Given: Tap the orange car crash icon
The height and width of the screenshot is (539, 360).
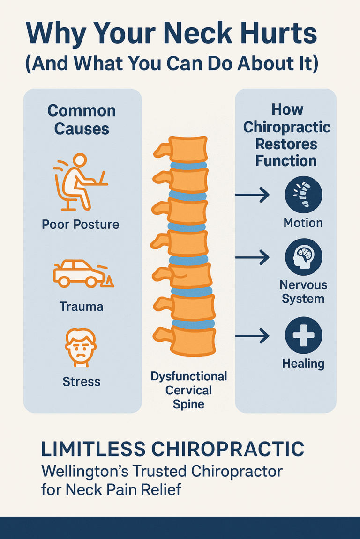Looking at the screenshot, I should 82,273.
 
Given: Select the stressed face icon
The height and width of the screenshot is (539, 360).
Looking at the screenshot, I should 81,347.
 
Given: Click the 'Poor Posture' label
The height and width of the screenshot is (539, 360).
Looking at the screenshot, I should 81,224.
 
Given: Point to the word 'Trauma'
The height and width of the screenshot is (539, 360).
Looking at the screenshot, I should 81,306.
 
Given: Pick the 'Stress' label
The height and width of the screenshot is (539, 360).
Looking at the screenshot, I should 81,382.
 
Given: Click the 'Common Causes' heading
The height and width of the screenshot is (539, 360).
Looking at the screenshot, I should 82,119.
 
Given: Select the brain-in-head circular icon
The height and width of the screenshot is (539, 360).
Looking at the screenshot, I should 303,257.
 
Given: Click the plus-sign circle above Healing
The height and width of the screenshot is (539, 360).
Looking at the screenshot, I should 303,335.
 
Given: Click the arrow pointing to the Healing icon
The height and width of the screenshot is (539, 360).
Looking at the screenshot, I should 252,335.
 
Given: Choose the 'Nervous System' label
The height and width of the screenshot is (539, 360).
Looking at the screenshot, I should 303,291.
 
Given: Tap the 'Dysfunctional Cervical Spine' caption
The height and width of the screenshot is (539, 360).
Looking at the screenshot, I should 188,390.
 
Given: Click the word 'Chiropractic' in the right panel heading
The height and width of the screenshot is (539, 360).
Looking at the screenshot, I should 287,127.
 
